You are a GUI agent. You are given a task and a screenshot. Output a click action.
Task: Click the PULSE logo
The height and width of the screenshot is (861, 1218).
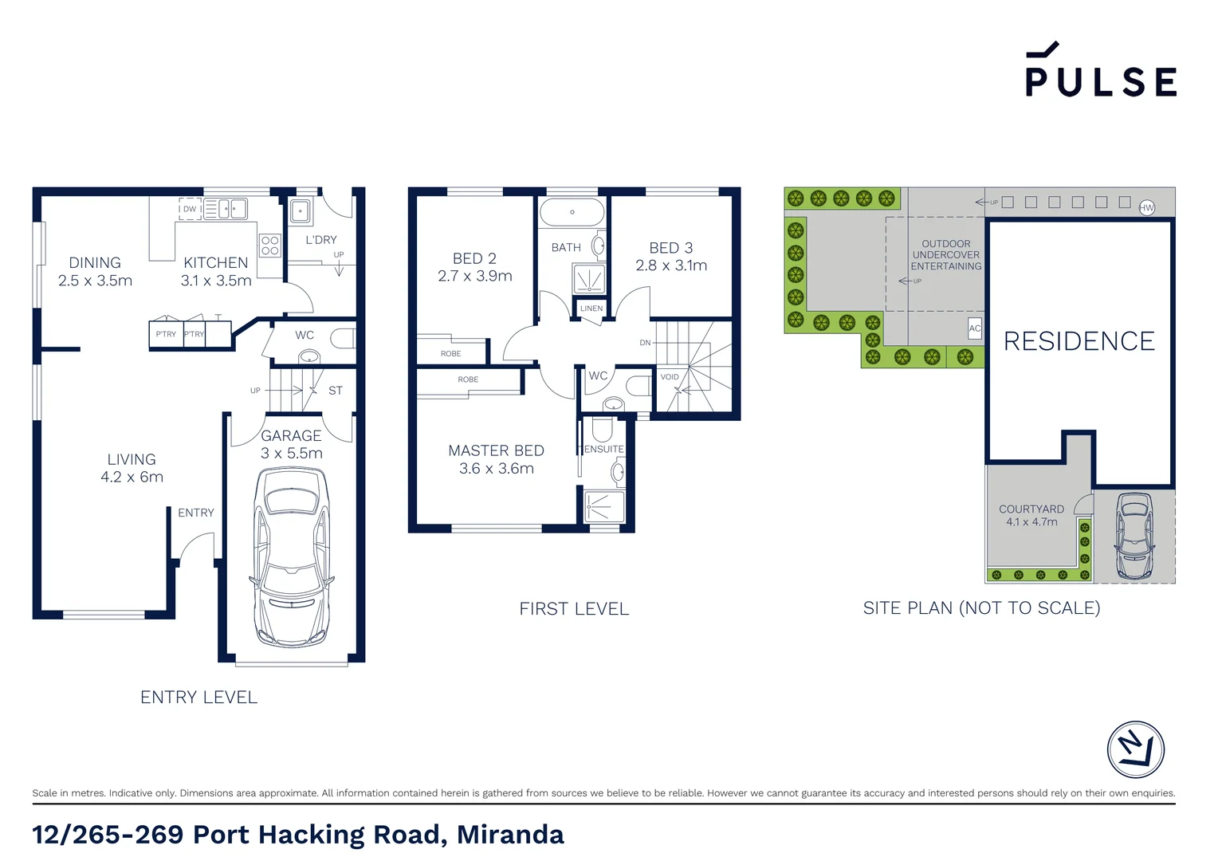(x=1100, y=72)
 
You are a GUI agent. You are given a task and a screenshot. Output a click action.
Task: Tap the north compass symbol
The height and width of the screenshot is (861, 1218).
(x=1135, y=749)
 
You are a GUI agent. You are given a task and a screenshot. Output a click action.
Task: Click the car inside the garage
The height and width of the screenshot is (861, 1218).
(x=292, y=556)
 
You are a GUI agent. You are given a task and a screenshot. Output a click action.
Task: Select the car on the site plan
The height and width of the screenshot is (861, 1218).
(x=1134, y=536)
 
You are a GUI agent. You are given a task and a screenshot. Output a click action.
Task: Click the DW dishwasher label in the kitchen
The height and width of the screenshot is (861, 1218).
(x=190, y=210)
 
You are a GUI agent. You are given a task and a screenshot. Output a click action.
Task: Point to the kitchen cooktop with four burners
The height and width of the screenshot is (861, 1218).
(x=270, y=245)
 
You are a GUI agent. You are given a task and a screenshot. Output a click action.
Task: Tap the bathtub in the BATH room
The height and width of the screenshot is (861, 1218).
(x=572, y=213)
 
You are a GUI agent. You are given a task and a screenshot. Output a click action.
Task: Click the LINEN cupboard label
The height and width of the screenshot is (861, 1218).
(x=591, y=309)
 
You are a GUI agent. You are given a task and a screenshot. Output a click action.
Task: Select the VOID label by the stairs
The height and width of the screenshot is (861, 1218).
(x=670, y=377)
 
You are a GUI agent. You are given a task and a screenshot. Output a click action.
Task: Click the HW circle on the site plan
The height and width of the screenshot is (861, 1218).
(x=1146, y=207)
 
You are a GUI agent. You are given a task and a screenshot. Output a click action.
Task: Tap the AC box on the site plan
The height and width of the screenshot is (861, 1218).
(x=974, y=328)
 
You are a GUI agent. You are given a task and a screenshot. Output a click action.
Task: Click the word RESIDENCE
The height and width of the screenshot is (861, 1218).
(x=1079, y=341)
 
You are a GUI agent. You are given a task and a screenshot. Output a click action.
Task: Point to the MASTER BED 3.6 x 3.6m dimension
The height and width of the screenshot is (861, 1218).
(x=496, y=469)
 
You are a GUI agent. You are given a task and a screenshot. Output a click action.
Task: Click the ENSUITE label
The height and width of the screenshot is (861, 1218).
(x=603, y=449)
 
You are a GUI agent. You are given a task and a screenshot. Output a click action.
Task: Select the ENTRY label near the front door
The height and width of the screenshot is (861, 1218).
(x=196, y=513)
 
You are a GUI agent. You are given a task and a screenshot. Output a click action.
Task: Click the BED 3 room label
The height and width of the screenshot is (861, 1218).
(x=670, y=248)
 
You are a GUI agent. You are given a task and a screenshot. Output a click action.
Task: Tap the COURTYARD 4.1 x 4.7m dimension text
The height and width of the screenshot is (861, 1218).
(x=1031, y=522)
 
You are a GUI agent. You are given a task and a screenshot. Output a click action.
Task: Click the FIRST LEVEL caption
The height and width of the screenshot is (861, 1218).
(x=574, y=609)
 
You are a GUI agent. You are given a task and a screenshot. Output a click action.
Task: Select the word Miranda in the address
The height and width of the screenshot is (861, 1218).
(x=510, y=835)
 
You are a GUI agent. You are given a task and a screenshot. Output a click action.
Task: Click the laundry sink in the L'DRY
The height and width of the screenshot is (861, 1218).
(x=300, y=211)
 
